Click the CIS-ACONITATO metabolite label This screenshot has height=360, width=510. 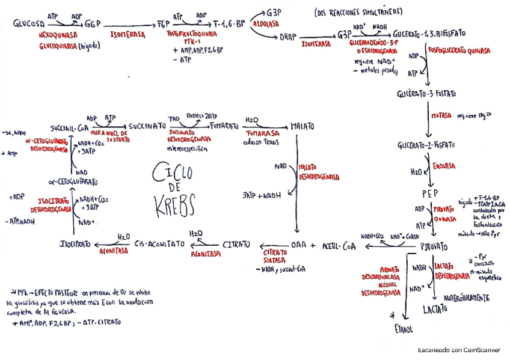(159, 245)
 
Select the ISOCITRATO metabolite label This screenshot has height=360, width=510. (76, 245)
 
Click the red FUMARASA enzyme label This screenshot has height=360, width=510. (259, 136)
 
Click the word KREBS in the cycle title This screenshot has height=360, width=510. (170, 209)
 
